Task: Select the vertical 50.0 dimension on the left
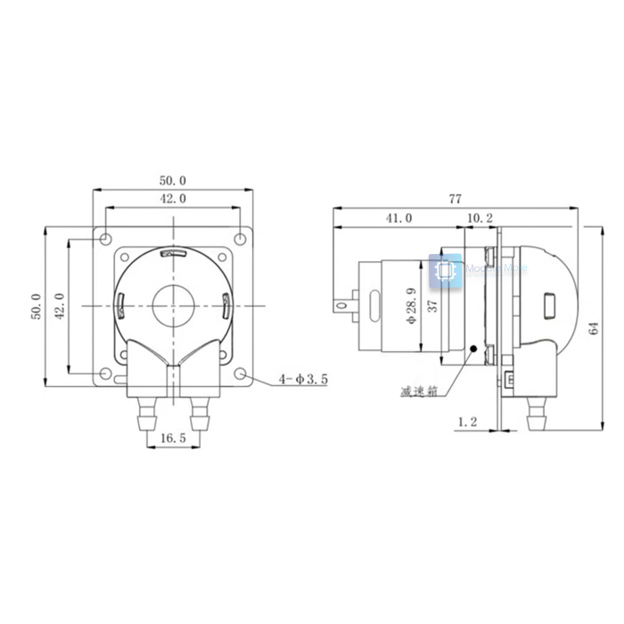click(36, 306)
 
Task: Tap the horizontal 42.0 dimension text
click(173, 199)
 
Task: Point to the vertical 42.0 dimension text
click(60, 306)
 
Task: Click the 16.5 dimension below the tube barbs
click(173, 438)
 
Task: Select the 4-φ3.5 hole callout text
click(303, 379)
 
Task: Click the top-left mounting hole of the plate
click(105, 239)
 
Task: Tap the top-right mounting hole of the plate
click(241, 239)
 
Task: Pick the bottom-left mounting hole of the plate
click(105, 374)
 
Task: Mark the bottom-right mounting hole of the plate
click(241, 374)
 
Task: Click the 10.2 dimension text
click(479, 217)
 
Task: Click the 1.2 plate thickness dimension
click(467, 423)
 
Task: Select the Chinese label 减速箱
click(419, 390)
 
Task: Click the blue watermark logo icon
click(446, 272)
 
